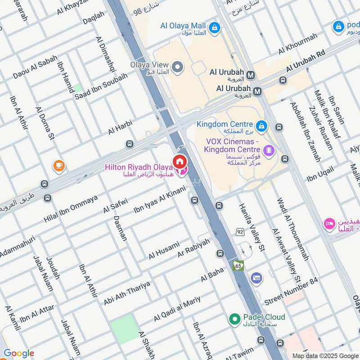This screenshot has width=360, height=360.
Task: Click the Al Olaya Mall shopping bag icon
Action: [x=216, y=27]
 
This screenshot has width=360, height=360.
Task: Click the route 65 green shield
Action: [x=238, y=265]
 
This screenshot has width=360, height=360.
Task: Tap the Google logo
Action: [x=18, y=353]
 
